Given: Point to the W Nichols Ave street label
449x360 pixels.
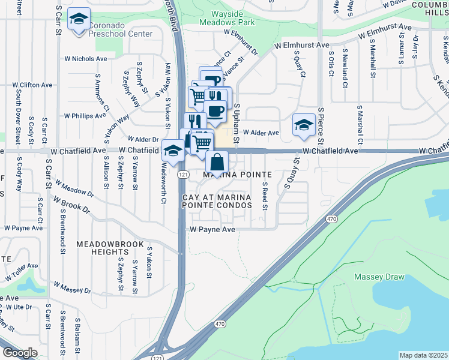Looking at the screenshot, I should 86,59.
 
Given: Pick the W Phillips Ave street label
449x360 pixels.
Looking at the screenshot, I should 85,115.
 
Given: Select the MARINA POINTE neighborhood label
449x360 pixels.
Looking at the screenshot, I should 237,175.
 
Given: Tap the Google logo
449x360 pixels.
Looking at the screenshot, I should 20,353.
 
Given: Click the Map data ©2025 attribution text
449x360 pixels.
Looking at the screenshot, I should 423,355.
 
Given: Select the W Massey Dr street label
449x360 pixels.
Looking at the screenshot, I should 72,287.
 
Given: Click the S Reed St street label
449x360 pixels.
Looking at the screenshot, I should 264,198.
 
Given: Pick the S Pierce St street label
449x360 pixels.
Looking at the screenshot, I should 321,127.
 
